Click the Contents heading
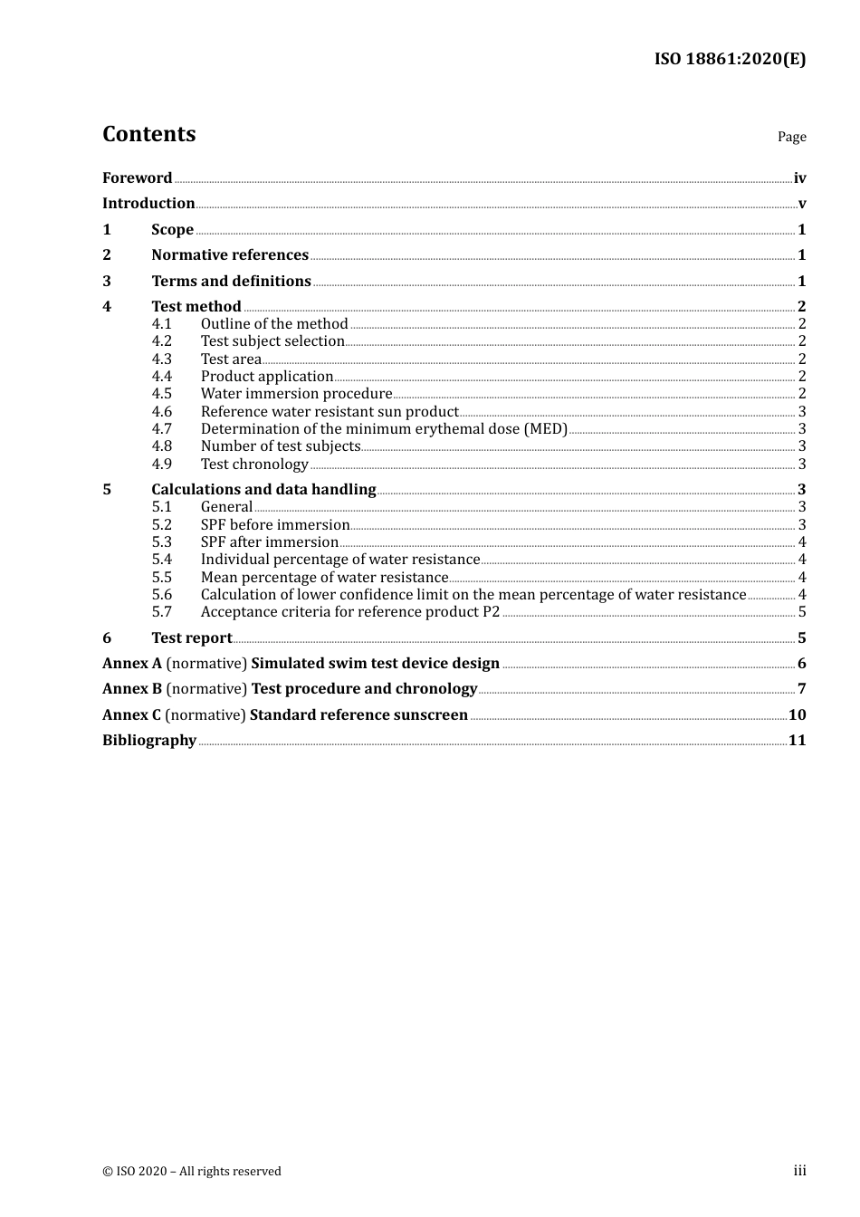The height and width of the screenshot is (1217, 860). pyautogui.click(x=148, y=134)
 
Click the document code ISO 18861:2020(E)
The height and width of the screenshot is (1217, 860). pyautogui.click(x=730, y=59)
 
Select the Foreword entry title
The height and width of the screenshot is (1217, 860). pyautogui.click(x=137, y=178)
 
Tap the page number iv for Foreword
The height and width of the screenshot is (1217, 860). pyautogui.click(x=799, y=178)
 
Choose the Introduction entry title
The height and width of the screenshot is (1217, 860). pyautogui.click(x=148, y=204)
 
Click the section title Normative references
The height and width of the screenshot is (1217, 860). pyautogui.click(x=230, y=255)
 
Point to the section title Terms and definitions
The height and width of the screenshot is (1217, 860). pyautogui.click(x=231, y=282)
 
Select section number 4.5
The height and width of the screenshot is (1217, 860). pyautogui.click(x=161, y=394)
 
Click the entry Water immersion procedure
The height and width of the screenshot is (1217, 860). pyautogui.click(x=296, y=394)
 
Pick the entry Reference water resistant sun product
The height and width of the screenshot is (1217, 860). pyautogui.click(x=330, y=412)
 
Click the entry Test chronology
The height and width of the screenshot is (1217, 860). pyautogui.click(x=254, y=465)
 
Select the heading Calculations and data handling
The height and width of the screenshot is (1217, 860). pyautogui.click(x=263, y=490)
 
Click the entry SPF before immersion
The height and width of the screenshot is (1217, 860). pyautogui.click(x=275, y=525)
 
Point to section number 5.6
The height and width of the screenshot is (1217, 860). pyautogui.click(x=161, y=595)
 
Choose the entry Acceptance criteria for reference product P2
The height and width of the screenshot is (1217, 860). pyautogui.click(x=350, y=612)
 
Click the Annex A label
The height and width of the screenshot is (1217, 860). pyautogui.click(x=132, y=664)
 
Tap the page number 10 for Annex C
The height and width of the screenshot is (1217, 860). pyautogui.click(x=797, y=715)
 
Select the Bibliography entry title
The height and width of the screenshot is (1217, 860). pyautogui.click(x=149, y=741)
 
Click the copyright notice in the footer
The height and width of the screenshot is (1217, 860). pyautogui.click(x=192, y=1172)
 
